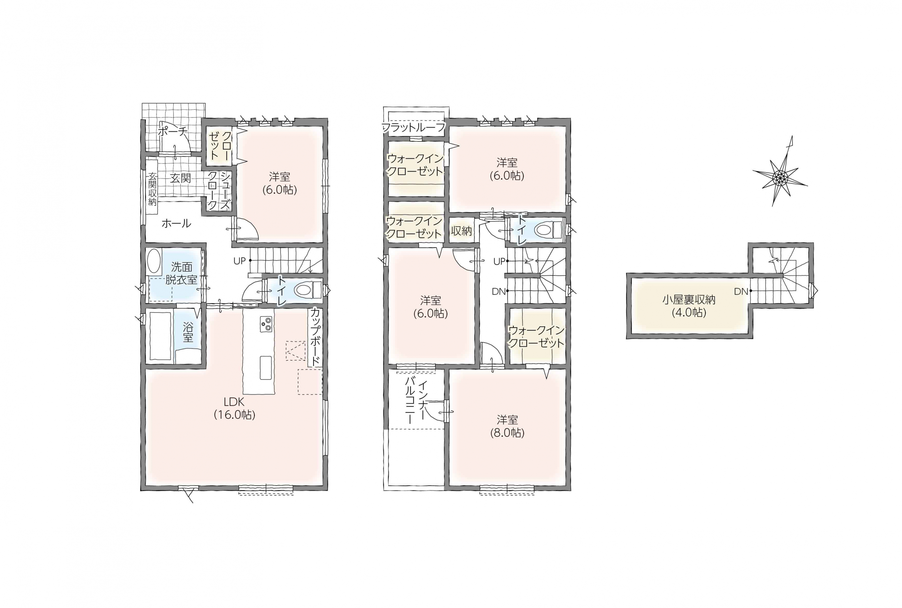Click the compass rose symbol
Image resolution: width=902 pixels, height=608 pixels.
[779, 177]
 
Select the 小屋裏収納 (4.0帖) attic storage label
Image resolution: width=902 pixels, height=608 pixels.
[688, 306]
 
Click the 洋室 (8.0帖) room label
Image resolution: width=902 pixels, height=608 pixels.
[507, 426]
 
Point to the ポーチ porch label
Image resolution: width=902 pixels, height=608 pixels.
[173, 132]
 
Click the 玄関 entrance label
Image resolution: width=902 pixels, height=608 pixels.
[181, 178]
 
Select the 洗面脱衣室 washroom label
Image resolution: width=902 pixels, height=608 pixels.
[181, 273]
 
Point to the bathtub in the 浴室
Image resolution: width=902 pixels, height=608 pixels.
[160, 336]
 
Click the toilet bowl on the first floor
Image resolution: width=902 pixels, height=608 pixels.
[308, 290]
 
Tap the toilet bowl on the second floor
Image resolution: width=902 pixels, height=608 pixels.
[548, 229]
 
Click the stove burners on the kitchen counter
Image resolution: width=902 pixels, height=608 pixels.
[266, 324]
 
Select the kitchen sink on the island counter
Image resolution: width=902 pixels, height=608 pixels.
[266, 367]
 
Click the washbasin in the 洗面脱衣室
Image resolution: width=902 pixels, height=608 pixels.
[154, 262]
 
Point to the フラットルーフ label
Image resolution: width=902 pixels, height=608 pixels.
[414, 128]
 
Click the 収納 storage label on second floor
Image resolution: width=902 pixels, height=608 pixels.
[461, 231]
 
